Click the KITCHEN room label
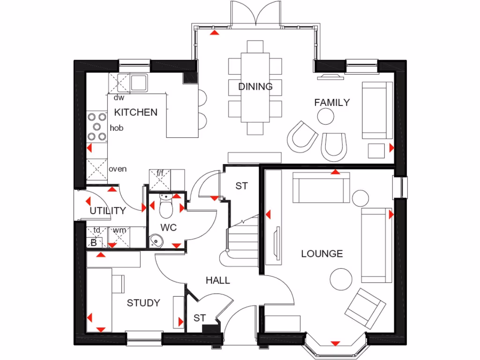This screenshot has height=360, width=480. click(136, 112)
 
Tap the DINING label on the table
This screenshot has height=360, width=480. click(255, 87)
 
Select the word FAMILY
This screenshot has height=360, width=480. click(332, 102)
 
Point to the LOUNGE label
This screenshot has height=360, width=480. click(322, 254)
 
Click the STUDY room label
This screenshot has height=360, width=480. click(143, 303)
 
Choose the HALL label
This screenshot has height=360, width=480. click(218, 280)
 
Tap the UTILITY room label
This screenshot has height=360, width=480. click(108, 211)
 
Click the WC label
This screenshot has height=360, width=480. click(168, 227)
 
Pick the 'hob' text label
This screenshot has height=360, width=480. click(117, 127)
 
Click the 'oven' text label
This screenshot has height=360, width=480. click(117, 169)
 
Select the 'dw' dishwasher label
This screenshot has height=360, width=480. click(119, 97)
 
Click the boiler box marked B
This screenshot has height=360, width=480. click(93, 242)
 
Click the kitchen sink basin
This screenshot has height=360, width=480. click(139, 83)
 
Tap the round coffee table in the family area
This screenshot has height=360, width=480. click(326, 116)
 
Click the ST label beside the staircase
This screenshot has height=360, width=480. click(241, 186)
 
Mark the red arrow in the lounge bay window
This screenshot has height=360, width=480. click(335, 344)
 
